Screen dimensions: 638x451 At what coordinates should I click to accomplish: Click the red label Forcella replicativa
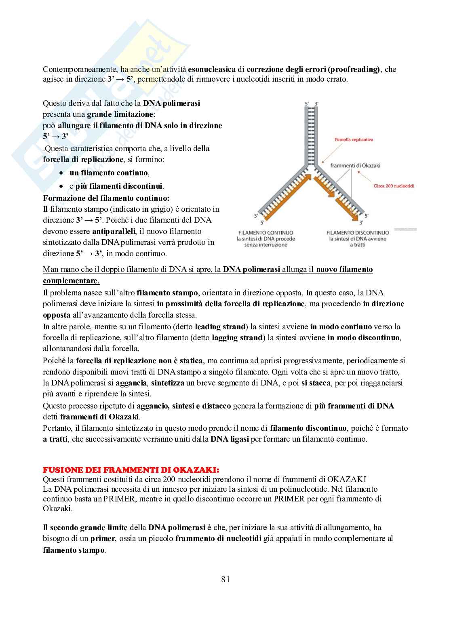coord(354,140)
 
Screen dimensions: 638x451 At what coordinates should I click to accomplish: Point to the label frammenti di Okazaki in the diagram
coord(355,165)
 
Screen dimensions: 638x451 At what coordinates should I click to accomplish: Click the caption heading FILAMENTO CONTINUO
coord(266,233)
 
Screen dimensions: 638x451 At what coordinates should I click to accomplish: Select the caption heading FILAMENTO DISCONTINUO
coord(358,233)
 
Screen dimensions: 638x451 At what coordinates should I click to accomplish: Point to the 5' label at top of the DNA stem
coord(307,104)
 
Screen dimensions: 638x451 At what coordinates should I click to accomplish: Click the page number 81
coord(225,579)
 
